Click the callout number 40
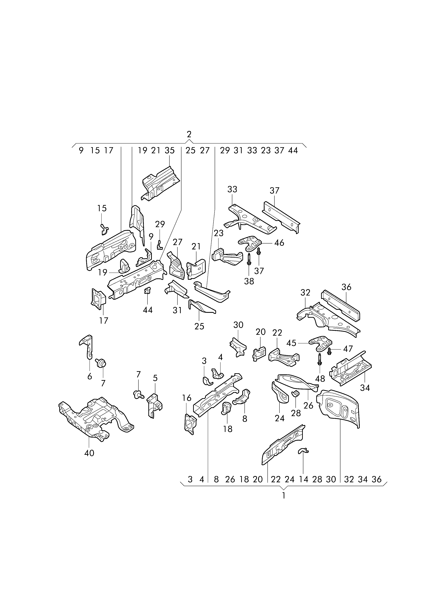click(89, 453)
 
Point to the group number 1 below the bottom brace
click(284, 496)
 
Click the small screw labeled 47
click(329, 351)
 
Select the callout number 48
click(320, 378)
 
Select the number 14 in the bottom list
click(303, 479)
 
